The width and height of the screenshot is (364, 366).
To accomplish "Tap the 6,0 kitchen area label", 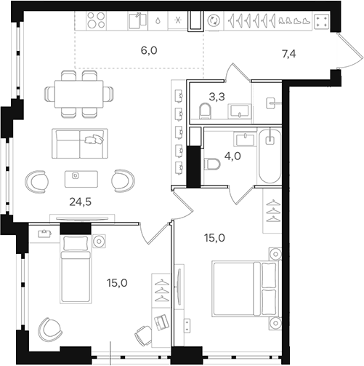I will pyautogui.click(x=149, y=50).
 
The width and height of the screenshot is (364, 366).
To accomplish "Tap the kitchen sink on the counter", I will pyautogui.click(x=134, y=21).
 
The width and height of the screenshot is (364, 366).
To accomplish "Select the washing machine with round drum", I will pyautogui.click(x=214, y=21).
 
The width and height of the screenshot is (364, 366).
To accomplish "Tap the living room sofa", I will pyautogui.click(x=78, y=143).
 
